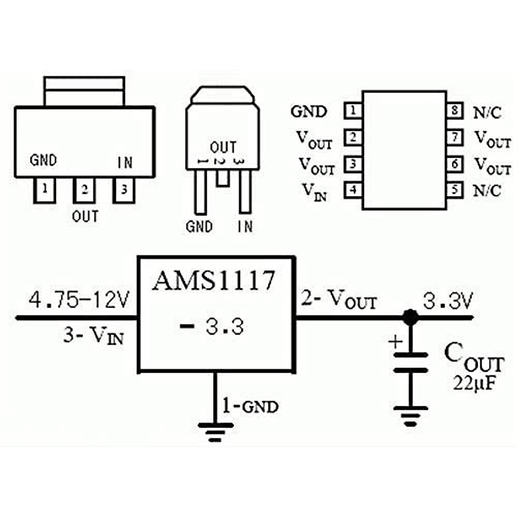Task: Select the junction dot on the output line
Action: (410, 318)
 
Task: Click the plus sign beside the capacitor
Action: (395, 342)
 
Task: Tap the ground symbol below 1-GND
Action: (215, 432)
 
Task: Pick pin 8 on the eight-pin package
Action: (455, 111)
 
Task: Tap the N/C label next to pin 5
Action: (487, 190)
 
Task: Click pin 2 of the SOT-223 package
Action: (84, 190)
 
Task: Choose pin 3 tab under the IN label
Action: (124, 190)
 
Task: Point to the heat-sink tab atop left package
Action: (85, 91)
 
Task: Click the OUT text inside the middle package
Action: (223, 147)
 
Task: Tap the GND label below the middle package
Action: (199, 227)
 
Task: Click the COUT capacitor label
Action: (473, 358)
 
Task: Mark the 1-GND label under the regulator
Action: (250, 406)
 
